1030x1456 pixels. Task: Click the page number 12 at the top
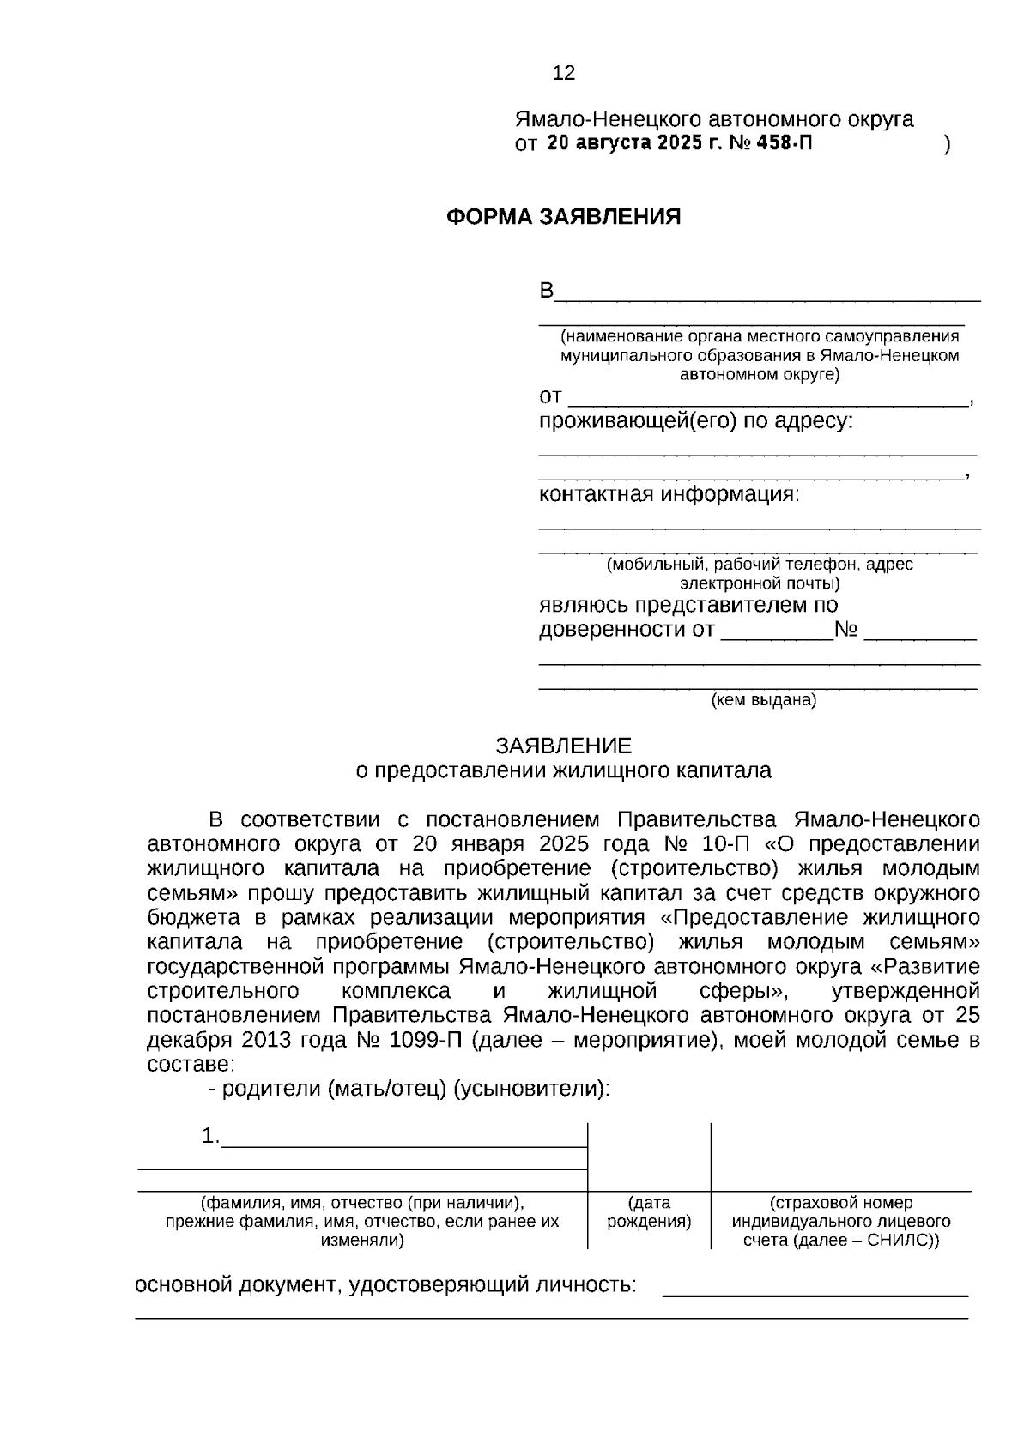click(x=564, y=74)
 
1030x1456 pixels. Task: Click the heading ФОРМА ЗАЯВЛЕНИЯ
click(x=563, y=217)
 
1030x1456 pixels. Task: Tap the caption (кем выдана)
click(x=763, y=700)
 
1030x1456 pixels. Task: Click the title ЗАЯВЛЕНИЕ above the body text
click(x=563, y=746)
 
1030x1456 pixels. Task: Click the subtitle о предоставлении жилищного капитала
click(x=563, y=770)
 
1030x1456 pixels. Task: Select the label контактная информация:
click(x=669, y=495)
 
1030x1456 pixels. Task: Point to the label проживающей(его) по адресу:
click(x=696, y=421)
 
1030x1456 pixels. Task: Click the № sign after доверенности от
click(x=846, y=631)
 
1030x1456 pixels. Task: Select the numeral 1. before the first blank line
click(x=210, y=1136)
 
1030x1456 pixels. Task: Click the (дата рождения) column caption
click(x=649, y=1212)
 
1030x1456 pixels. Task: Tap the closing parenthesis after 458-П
click(x=947, y=144)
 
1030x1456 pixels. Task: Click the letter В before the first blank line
click(x=546, y=292)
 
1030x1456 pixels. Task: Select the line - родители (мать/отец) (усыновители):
click(x=410, y=1089)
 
